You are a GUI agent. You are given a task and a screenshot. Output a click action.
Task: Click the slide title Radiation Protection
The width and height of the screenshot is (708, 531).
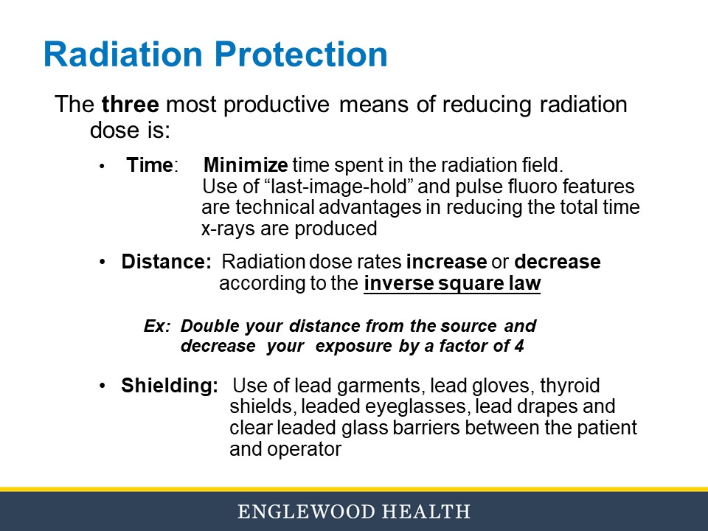click(215, 55)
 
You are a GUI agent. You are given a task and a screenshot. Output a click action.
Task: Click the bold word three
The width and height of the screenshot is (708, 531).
click(130, 105)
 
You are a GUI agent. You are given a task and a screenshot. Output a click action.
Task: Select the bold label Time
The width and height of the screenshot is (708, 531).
click(150, 165)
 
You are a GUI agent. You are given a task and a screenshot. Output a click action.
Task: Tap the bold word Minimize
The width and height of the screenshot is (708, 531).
click(246, 165)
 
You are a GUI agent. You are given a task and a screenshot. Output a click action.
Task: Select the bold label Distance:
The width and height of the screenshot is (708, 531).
click(167, 263)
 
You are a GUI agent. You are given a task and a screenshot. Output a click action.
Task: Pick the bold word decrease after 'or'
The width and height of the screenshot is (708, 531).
click(558, 263)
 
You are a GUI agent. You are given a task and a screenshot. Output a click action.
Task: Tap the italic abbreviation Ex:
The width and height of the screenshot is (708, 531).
click(157, 326)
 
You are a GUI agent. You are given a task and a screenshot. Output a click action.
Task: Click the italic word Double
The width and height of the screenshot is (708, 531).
click(204, 326)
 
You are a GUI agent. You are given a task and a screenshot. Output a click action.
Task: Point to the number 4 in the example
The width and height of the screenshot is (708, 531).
click(519, 347)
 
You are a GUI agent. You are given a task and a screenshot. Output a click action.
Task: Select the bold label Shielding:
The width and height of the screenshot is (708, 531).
click(170, 386)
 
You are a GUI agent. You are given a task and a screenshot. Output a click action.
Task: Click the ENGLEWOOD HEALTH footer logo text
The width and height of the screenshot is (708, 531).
click(353, 512)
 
